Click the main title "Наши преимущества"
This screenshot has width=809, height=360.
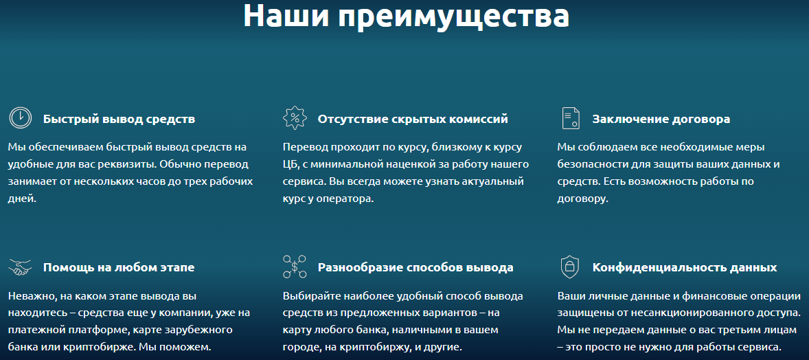pos(406,16)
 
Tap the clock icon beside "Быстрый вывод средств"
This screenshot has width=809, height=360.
pos(21,117)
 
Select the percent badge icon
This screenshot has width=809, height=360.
pos(295,117)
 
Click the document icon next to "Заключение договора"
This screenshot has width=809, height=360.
pos(570,118)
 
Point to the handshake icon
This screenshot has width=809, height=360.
pos(21,267)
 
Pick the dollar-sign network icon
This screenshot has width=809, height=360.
pos(295,267)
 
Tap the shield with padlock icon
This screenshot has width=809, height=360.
pos(569,267)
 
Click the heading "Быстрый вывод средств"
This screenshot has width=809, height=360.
pos(119,120)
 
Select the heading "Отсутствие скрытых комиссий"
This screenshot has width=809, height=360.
pos(413,120)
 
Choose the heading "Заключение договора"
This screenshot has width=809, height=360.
pos(661,120)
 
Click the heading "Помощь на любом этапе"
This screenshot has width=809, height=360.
pos(119,267)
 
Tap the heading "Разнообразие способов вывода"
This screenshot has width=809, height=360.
pos(415,267)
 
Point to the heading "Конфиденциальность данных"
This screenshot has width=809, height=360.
pos(685,267)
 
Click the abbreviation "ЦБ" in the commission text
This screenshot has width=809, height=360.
pos(290,165)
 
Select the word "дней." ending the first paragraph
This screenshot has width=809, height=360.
pos(22,199)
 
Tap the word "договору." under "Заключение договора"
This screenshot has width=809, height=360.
pos(583,199)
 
